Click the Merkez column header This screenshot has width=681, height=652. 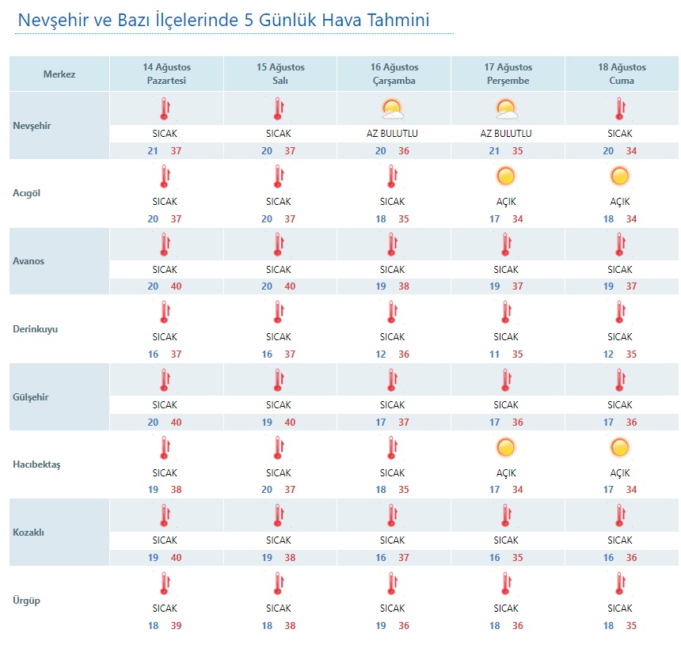click(x=59, y=74)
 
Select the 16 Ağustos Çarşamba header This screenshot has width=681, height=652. click(x=394, y=74)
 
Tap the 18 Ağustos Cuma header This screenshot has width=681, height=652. click(x=622, y=74)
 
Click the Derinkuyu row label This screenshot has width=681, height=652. click(x=35, y=329)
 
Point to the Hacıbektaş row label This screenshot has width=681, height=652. click(x=36, y=464)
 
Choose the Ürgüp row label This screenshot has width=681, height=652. click(x=26, y=601)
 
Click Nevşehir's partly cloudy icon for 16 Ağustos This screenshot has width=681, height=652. click(x=392, y=109)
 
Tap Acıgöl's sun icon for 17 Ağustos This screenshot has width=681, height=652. click(x=506, y=176)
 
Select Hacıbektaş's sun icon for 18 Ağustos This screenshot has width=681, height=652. click(x=620, y=448)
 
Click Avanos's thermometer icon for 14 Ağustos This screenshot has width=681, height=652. click(x=165, y=244)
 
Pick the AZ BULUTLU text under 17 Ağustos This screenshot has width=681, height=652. click(x=506, y=134)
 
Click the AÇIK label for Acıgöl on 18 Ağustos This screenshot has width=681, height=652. click(x=620, y=202)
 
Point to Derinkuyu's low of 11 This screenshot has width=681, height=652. click(x=494, y=354)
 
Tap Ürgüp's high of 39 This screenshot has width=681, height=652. click(x=176, y=626)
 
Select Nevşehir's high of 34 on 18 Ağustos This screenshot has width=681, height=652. click(x=631, y=150)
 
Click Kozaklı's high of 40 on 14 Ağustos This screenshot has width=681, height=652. click(x=176, y=557)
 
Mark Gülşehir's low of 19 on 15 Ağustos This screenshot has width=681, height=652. click(x=267, y=422)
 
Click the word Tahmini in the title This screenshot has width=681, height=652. click(x=398, y=20)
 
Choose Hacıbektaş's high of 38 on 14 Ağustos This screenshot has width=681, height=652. click(x=176, y=490)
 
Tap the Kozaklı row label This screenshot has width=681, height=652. click(x=29, y=533)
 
